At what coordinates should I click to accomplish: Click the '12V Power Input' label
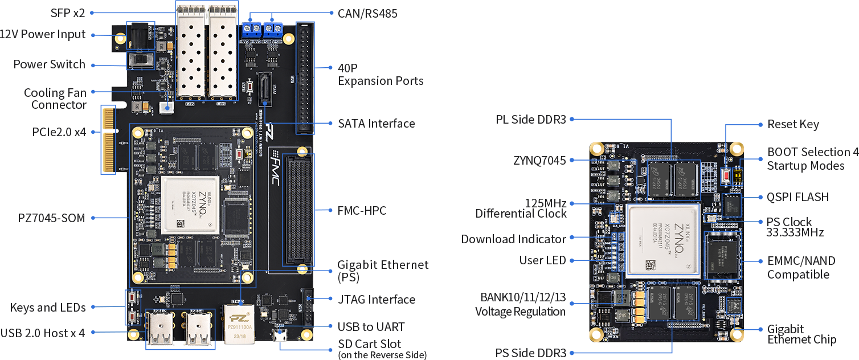(43, 34)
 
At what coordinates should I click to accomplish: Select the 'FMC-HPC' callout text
(362, 211)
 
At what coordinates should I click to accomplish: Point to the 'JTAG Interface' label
(376, 299)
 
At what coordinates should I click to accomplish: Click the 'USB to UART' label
(371, 327)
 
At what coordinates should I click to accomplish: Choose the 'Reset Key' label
(792, 124)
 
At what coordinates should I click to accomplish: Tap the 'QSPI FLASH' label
(797, 197)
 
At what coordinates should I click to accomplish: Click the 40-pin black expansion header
(305, 78)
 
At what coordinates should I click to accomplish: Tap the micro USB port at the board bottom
(280, 336)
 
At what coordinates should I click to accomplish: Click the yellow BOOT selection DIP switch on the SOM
(737, 175)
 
